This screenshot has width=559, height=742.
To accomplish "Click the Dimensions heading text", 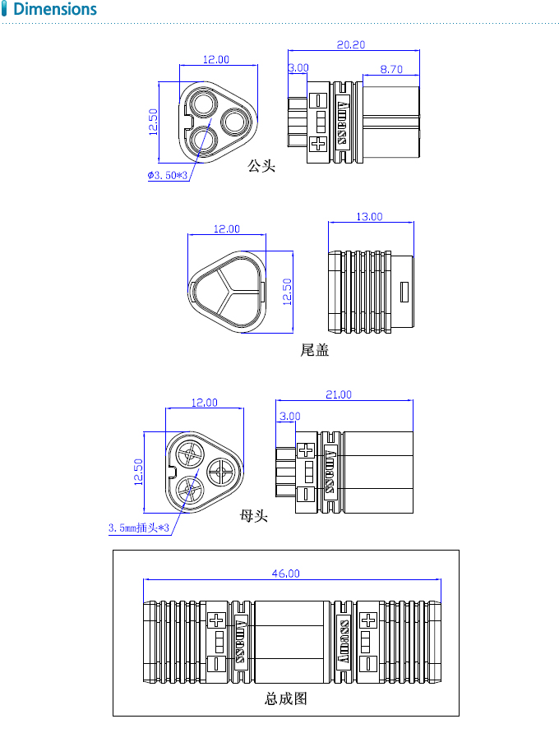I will [x=55, y=10].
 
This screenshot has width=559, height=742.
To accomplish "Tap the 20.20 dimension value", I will [x=351, y=44].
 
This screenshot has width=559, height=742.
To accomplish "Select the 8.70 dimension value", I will [x=391, y=70].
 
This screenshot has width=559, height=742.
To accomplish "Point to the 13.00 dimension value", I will [x=369, y=216].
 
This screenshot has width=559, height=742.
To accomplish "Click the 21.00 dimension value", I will [x=338, y=394].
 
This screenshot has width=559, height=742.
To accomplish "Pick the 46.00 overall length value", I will [x=285, y=574].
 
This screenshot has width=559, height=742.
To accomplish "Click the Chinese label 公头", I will [x=261, y=167].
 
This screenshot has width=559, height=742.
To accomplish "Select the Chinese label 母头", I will [x=254, y=516].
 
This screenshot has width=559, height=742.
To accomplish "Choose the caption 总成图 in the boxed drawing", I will [x=285, y=698].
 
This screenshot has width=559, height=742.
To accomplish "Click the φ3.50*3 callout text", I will [x=169, y=176].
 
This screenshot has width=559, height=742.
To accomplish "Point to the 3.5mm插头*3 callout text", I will [x=138, y=528].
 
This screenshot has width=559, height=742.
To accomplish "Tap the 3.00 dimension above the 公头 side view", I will [x=298, y=68].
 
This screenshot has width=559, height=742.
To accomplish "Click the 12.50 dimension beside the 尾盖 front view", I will [x=287, y=292].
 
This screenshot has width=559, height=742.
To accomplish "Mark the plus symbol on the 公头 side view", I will [x=318, y=145].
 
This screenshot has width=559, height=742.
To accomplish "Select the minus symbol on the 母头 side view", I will [x=305, y=494].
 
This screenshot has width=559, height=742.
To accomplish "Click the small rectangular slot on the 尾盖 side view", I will [x=404, y=292].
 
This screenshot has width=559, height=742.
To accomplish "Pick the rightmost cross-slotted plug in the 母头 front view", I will [x=222, y=471].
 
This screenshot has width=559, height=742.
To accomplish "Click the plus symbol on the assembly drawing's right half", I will [x=368, y=620].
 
